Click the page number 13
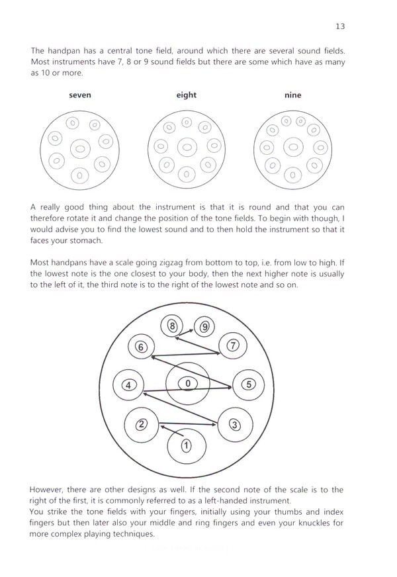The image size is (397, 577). coord(341,26)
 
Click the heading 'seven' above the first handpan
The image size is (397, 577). coord(80,95)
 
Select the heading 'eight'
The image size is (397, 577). coord(187,95)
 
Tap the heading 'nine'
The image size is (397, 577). coord(292,95)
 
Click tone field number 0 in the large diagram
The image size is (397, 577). coord(188,383)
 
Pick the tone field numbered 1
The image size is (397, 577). coord(187,445)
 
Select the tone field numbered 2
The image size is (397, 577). coord(141,424)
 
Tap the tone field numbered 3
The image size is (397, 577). coord(234,424)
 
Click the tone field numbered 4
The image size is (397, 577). coord(130,384)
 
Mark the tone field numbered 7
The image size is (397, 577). coord(232,345)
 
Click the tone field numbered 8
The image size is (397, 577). coord(173,326)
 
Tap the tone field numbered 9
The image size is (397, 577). coord(204,326)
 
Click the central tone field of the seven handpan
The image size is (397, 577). coord(80,148)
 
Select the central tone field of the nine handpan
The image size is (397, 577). coord(292,147)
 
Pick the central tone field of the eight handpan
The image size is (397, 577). coord(187,147)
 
